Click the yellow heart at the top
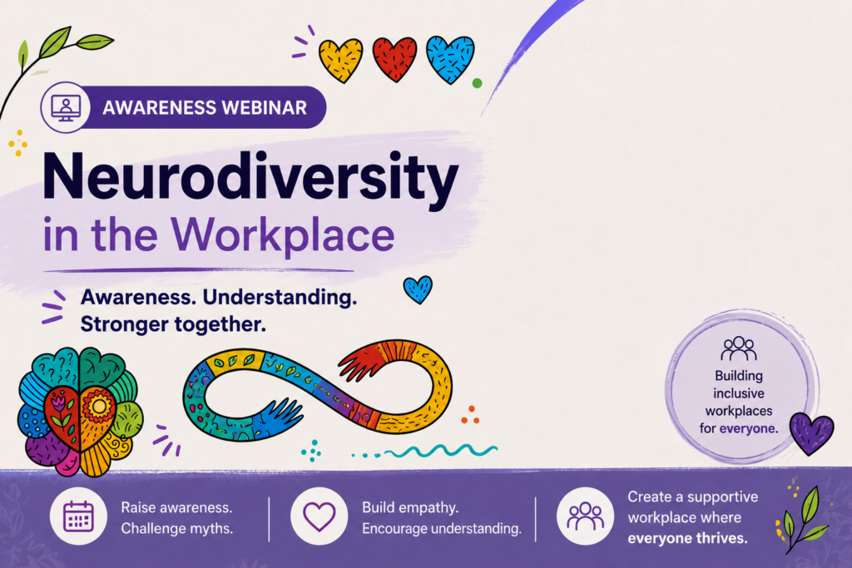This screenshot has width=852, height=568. click(340, 60)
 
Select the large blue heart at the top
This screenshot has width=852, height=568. click(450, 59)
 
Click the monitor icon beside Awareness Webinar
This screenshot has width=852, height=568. click(66, 107)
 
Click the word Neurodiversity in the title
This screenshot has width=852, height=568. click(250, 176)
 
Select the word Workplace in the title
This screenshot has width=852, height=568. click(283, 235)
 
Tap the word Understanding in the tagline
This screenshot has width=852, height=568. click(280, 297)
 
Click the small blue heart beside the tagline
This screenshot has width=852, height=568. click(418, 289)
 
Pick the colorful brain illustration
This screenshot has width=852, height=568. click(81, 412)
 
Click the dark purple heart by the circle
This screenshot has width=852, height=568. click(811, 432)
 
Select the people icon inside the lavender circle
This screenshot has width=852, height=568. click(739, 348)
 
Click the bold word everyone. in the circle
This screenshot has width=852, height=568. click(749, 428)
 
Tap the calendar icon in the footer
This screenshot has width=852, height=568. click(79, 516)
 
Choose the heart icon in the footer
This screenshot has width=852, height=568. click(319, 516)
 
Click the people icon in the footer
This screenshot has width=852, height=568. click(585, 516)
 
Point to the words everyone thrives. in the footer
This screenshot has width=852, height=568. click(687, 538)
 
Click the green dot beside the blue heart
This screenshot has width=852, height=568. click(477, 83)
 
